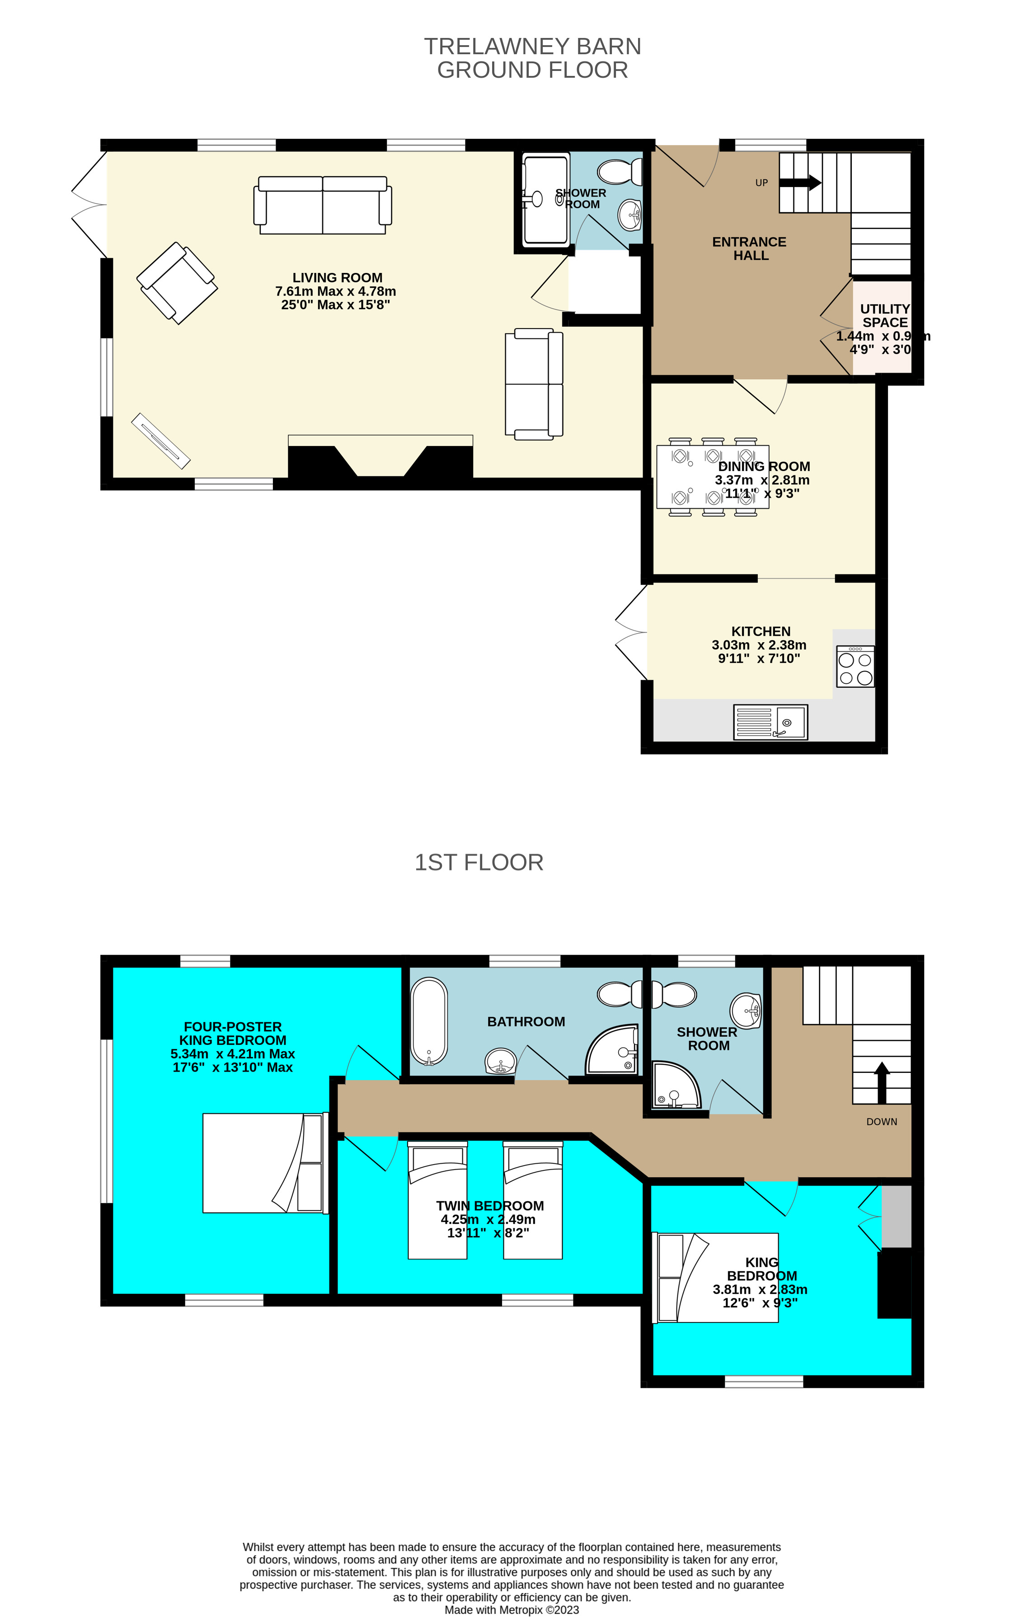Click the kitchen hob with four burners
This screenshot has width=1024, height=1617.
(x=855, y=666)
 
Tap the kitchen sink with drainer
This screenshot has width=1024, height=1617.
(x=770, y=722)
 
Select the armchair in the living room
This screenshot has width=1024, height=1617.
(x=177, y=283)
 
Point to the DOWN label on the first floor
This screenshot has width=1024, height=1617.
(x=881, y=1121)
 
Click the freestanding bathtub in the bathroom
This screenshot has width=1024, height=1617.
(x=429, y=1021)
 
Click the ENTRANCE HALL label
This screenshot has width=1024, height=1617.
(x=749, y=249)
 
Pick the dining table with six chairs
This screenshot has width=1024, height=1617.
(x=713, y=477)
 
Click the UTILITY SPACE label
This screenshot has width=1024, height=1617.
(x=885, y=315)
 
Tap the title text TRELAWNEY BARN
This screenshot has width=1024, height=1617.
(x=532, y=47)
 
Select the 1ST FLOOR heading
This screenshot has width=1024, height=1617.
(x=479, y=862)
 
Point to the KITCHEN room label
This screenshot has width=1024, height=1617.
(x=761, y=631)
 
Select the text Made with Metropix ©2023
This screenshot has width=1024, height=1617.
(x=512, y=1610)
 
